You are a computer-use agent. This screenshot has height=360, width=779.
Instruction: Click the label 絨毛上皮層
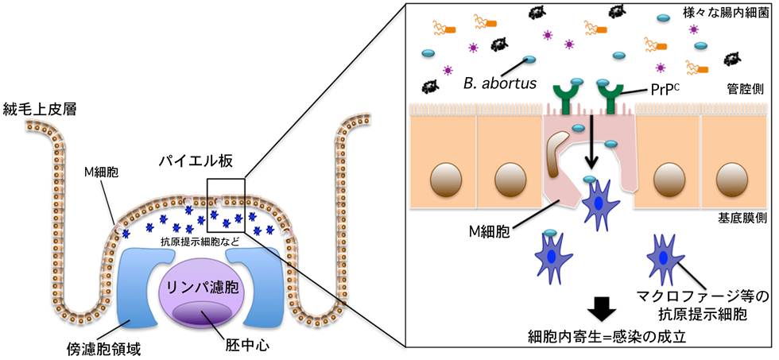(40, 110)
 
